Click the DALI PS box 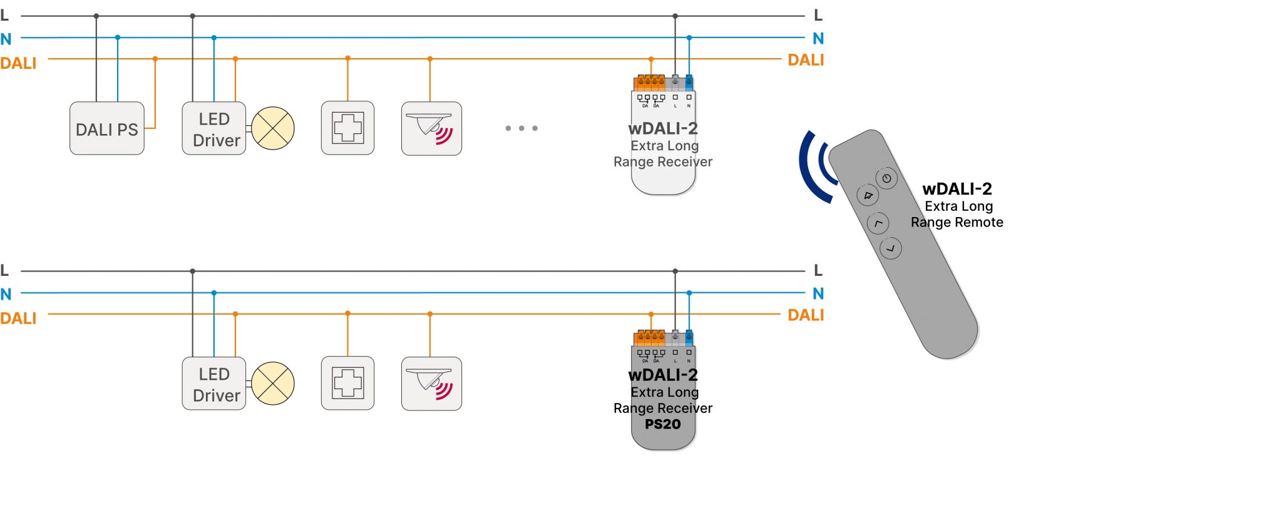(x=106, y=129)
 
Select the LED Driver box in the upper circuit (x=214, y=129)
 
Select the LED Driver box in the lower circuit (x=214, y=384)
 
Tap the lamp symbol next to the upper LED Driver (x=273, y=128)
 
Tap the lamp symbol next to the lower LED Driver (x=273, y=383)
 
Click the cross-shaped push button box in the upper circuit (x=347, y=128)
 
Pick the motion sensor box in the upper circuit (x=431, y=129)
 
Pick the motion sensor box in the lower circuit (x=431, y=384)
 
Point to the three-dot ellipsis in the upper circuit (x=521, y=128)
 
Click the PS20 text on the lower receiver (x=663, y=424)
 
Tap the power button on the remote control (x=886, y=179)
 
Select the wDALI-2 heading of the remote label (x=957, y=189)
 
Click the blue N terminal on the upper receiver (x=689, y=82)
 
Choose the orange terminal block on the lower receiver (x=650, y=338)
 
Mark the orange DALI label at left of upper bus (x=18, y=63)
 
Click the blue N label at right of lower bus (x=818, y=293)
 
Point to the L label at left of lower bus (x=4, y=270)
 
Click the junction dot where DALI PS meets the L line (x=96, y=16)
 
